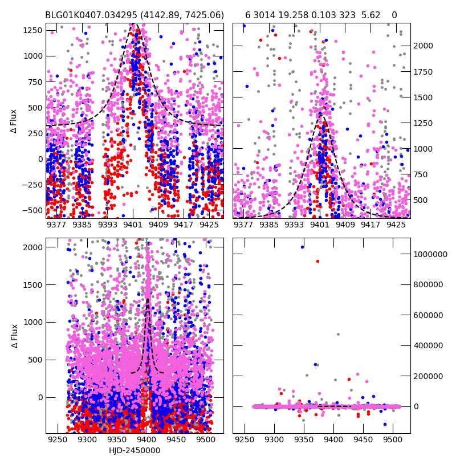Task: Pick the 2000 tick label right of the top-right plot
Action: (424, 46)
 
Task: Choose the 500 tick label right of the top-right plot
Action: (422, 200)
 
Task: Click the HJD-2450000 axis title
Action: (135, 450)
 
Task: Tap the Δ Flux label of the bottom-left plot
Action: (15, 336)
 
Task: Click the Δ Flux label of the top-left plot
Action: (15, 121)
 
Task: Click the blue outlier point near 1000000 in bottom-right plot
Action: (302, 247)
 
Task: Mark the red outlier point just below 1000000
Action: (317, 261)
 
